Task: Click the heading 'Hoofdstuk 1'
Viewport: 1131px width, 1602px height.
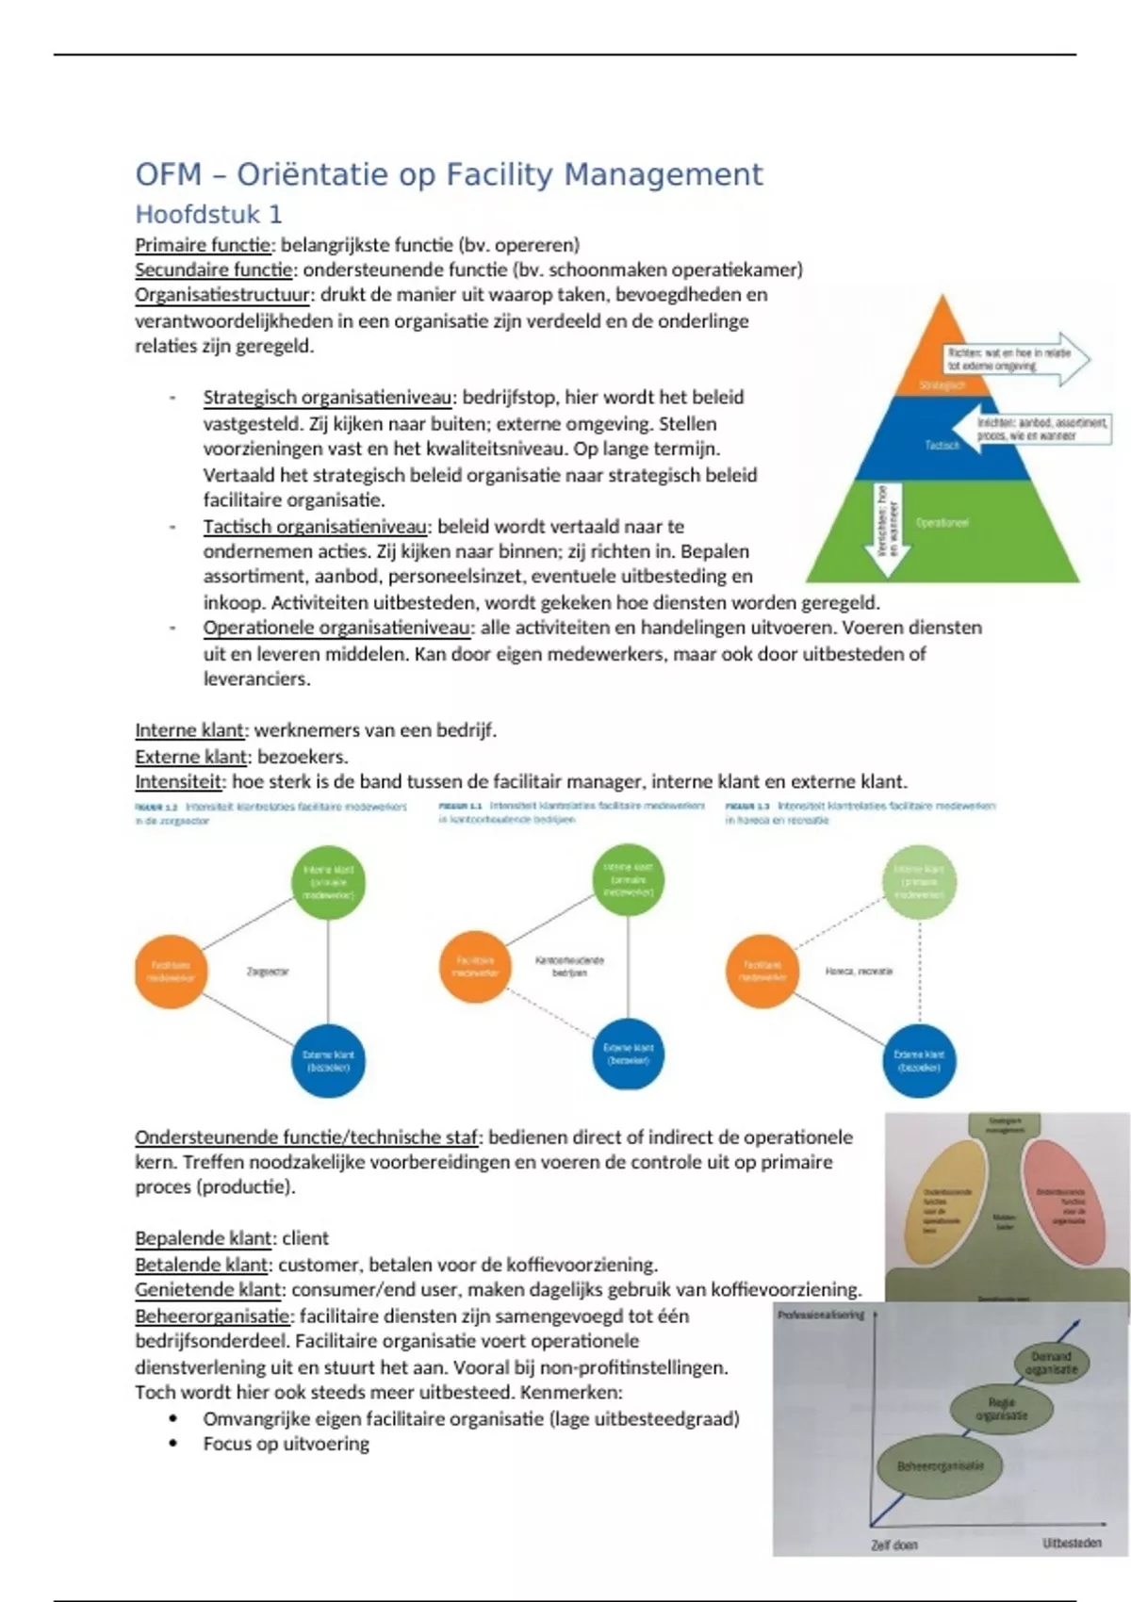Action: pyautogui.click(x=208, y=214)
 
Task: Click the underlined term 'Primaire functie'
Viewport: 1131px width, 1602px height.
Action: pyautogui.click(x=203, y=245)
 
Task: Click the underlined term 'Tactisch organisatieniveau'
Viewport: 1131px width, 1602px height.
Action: pyautogui.click(x=316, y=526)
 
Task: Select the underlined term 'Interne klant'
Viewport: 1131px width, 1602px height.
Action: pyautogui.click(x=189, y=730)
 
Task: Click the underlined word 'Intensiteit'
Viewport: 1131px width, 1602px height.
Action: pyautogui.click(x=179, y=781)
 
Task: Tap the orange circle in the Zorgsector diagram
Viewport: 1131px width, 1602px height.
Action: pyautogui.click(x=171, y=972)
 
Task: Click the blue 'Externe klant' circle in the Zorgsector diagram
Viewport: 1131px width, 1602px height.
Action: pyautogui.click(x=328, y=1061)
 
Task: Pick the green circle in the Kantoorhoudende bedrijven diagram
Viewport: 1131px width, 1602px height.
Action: pyautogui.click(x=629, y=879)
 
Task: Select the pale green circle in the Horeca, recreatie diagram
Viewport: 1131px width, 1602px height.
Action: pyautogui.click(x=919, y=882)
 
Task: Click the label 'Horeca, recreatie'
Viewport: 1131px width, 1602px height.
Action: pyautogui.click(x=859, y=971)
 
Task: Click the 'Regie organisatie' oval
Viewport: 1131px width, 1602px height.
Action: pyautogui.click(x=1001, y=1410)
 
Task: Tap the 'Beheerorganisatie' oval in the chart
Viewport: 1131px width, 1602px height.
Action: pyautogui.click(x=940, y=1466)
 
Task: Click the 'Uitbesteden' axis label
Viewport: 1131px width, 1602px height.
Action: pyautogui.click(x=1072, y=1543)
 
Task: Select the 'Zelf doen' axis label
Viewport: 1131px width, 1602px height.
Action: pyautogui.click(x=893, y=1545)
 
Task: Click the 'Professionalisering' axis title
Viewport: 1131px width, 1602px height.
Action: pyautogui.click(x=820, y=1315)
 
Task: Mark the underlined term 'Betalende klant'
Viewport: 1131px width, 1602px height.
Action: pyautogui.click(x=202, y=1265)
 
